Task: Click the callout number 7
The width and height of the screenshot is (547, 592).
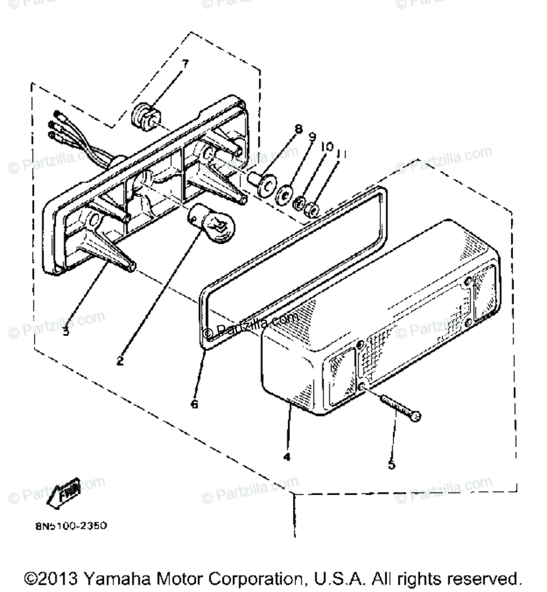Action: pyautogui.click(x=185, y=64)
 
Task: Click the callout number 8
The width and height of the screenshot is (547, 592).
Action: pyautogui.click(x=298, y=130)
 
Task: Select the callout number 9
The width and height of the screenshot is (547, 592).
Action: pyautogui.click(x=313, y=137)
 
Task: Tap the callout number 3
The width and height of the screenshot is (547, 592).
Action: pyautogui.click(x=66, y=331)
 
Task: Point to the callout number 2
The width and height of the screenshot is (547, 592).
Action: pyautogui.click(x=120, y=361)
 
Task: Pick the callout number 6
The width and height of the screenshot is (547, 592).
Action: pyautogui.click(x=194, y=405)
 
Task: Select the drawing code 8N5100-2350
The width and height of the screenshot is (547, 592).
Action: pyautogui.click(x=71, y=526)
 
